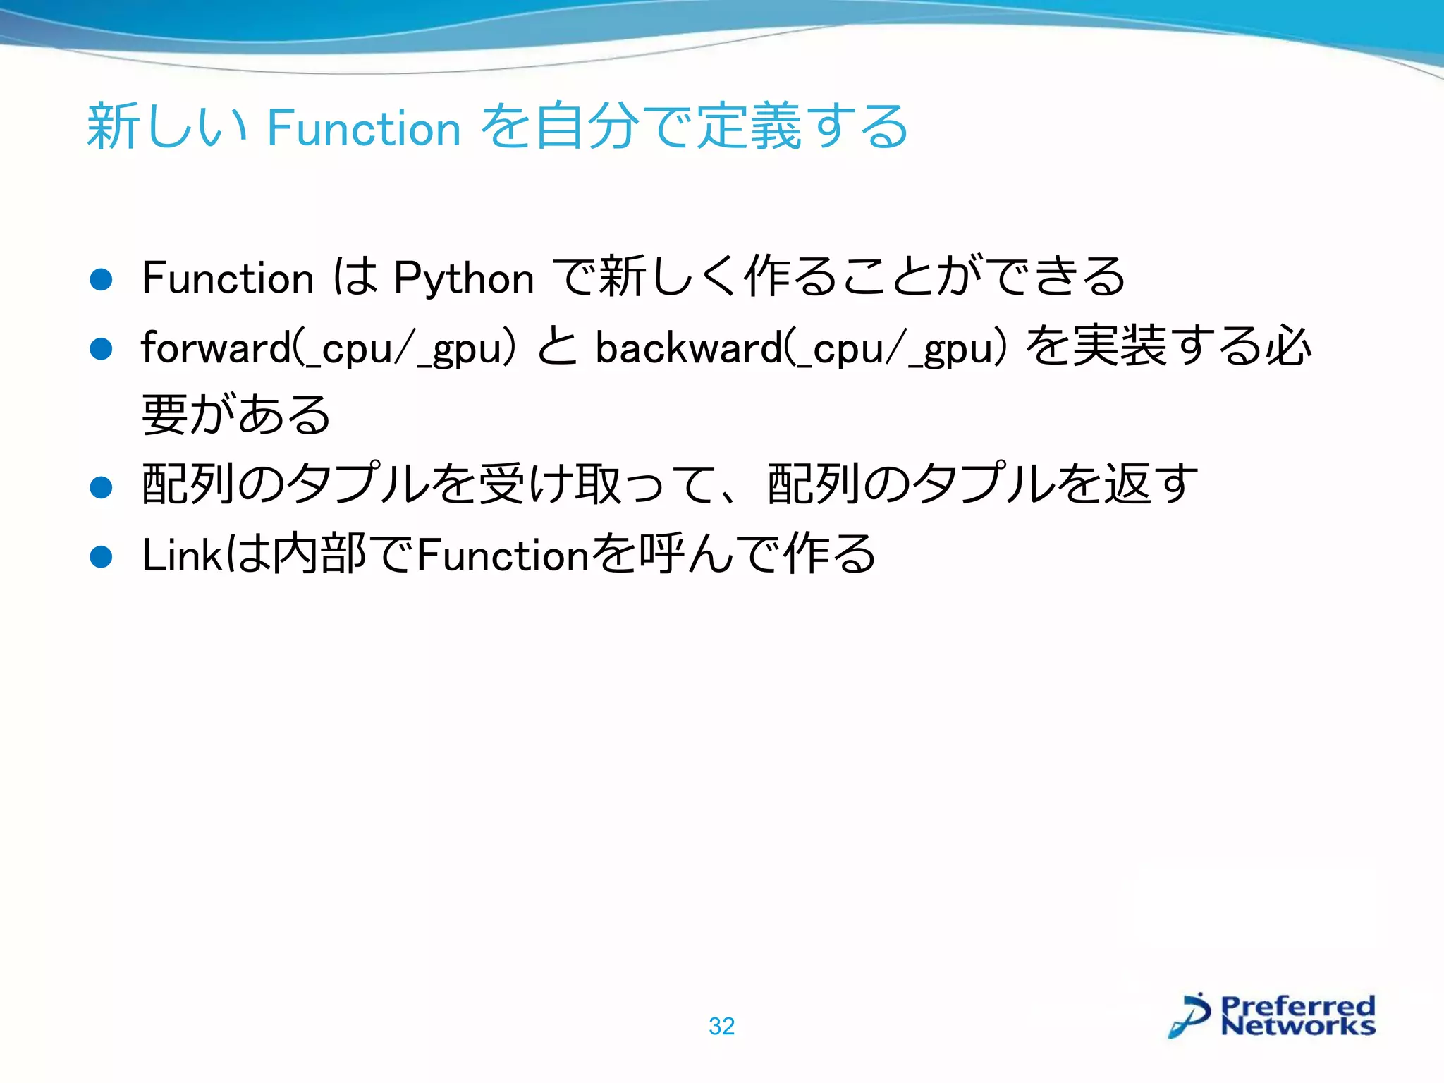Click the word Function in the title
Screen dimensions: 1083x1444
[364, 128]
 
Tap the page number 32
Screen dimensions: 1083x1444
[721, 1026]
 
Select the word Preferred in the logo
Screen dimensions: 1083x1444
[1297, 1005]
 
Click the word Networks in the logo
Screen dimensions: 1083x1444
[1297, 1026]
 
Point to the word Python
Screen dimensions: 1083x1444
[463, 278]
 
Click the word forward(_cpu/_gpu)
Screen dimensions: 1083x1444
[329, 348]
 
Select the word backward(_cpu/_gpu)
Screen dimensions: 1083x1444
[802, 348]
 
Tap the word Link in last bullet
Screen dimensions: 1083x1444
[182, 555]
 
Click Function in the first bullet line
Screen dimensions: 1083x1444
[227, 278]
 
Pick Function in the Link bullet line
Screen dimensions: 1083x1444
[502, 555]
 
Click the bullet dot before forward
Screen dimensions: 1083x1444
[102, 348]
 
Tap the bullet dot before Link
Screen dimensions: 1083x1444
[102, 557]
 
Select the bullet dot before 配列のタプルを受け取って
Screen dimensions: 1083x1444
[102, 487]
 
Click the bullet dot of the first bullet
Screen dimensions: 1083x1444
[102, 279]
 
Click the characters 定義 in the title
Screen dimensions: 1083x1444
[749, 127]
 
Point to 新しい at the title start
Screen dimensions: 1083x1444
[166, 127]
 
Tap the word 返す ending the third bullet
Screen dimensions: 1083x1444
[1151, 485]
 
